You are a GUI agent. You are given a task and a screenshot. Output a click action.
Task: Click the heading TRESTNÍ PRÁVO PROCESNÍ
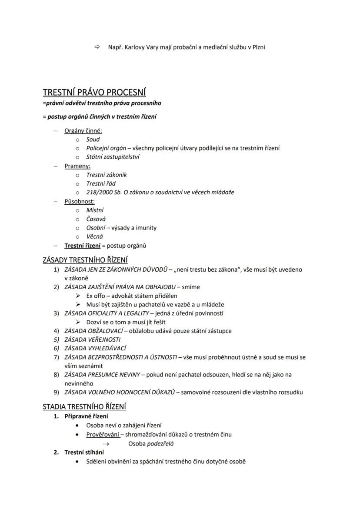tap(94, 93)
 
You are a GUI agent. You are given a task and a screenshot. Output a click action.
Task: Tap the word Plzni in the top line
tap(257, 47)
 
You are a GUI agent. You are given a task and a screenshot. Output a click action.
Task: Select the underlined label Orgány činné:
tap(83, 130)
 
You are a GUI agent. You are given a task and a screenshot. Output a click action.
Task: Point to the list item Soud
tap(93, 140)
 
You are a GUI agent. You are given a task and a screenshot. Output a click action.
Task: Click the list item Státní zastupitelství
tap(113, 157)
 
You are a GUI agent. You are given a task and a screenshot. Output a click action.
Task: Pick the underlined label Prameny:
tap(77, 166)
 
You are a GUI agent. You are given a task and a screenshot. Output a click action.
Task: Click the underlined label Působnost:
tap(80, 201)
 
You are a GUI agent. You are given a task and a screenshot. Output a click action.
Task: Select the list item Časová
tap(96, 219)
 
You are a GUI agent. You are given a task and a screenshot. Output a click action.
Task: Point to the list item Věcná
tap(94, 236)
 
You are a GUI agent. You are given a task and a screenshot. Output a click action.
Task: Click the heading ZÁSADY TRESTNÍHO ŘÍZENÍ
tap(85, 260)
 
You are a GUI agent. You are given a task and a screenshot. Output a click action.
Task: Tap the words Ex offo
tap(96, 296)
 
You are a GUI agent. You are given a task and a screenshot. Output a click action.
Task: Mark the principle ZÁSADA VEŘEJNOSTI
tap(92, 339)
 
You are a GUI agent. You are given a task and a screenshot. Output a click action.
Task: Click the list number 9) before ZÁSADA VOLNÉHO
tap(56, 392)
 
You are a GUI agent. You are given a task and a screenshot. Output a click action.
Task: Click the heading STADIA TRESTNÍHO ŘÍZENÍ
tap(84, 407)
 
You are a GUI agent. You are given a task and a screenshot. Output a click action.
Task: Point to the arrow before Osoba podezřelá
tap(105, 444)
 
